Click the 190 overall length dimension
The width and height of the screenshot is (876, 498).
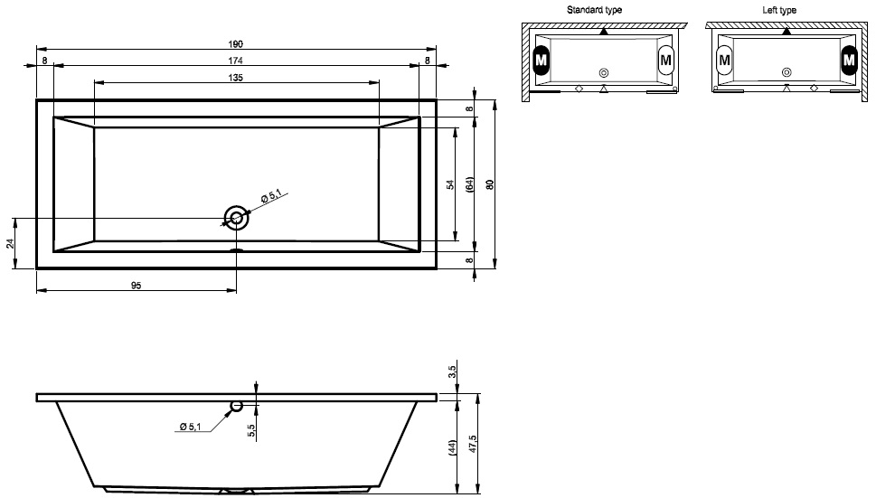[x=236, y=44]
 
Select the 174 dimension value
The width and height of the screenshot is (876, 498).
[x=236, y=61]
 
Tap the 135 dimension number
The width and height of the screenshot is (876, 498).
[x=236, y=78]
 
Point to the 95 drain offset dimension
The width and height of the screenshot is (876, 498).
[x=137, y=286]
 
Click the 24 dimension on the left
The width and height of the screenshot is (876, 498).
[x=10, y=243]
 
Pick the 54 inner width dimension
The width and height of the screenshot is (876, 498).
[x=450, y=184]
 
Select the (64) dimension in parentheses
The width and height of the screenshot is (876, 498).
[x=470, y=184]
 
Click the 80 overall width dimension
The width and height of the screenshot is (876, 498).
[x=490, y=184]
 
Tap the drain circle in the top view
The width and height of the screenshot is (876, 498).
[x=236, y=219]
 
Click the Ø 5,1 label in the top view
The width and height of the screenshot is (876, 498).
[x=271, y=196]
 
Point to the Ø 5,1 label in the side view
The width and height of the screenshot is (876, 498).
[x=190, y=427]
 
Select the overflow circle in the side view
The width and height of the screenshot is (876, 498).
[x=236, y=406]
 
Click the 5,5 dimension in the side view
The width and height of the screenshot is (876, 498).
[x=250, y=430]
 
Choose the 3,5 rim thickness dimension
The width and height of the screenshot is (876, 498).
[x=453, y=371]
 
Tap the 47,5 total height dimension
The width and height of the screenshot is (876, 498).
[x=473, y=444]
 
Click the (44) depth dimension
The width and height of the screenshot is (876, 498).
[x=453, y=447]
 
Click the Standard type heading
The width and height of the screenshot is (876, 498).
[x=594, y=10]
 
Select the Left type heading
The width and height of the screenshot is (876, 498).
[x=779, y=10]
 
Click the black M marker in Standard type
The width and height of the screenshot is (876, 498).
[x=541, y=60]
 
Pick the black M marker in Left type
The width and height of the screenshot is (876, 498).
[x=849, y=60]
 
